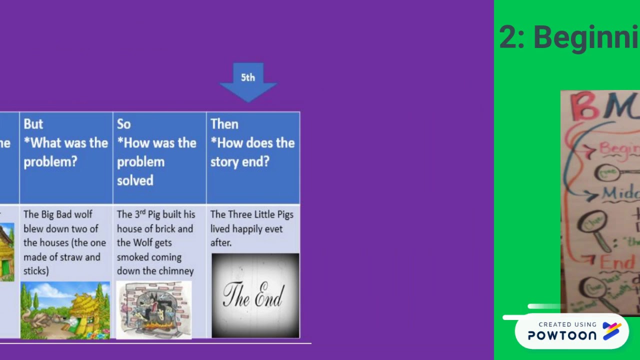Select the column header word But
point(33,124)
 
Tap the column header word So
point(123,124)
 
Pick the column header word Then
point(224,124)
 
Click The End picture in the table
point(255,295)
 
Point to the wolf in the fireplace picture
point(153,310)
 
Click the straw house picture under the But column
point(65,310)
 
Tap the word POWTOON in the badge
point(562,335)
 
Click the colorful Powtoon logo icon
point(612,330)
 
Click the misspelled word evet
point(274,228)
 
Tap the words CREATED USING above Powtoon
point(567,324)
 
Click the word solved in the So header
point(135,180)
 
